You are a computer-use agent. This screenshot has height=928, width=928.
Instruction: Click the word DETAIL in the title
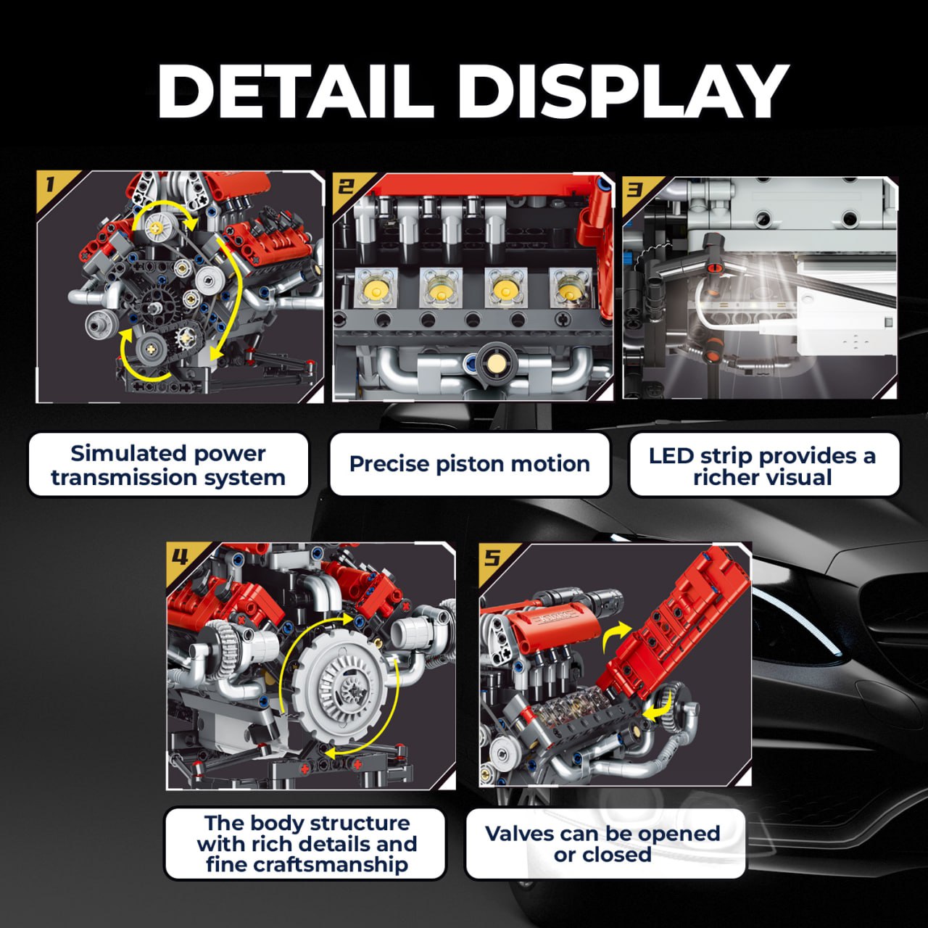pos(295,91)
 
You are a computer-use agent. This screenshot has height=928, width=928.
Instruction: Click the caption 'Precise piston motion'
pos(470,464)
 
